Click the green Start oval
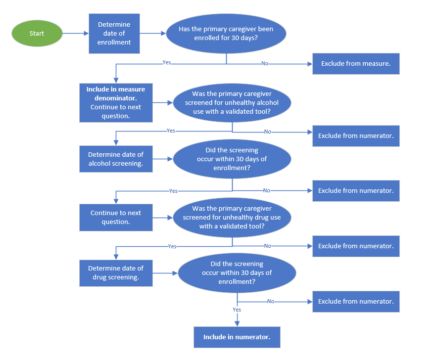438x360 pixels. [37, 34]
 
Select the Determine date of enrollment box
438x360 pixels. [114, 34]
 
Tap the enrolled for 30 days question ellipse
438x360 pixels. [226, 34]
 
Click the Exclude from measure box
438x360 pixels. [356, 64]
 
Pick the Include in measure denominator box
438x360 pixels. [116, 103]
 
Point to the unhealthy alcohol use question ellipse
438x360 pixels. [232, 103]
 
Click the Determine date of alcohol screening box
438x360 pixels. [116, 159]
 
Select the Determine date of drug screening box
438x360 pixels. [116, 272]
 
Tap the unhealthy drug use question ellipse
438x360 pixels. [232, 217]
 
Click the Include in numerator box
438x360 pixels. [237, 337]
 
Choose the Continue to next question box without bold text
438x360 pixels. [116, 217]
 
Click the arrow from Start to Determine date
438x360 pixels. [75, 34]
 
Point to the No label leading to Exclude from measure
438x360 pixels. [265, 64]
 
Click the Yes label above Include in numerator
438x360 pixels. [237, 310]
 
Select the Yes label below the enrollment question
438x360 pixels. [167, 63]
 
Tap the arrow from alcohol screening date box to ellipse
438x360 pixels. [162, 159]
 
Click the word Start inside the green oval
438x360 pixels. [37, 34]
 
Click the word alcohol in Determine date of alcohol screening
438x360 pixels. [99, 164]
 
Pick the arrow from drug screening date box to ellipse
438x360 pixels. [165, 272]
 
